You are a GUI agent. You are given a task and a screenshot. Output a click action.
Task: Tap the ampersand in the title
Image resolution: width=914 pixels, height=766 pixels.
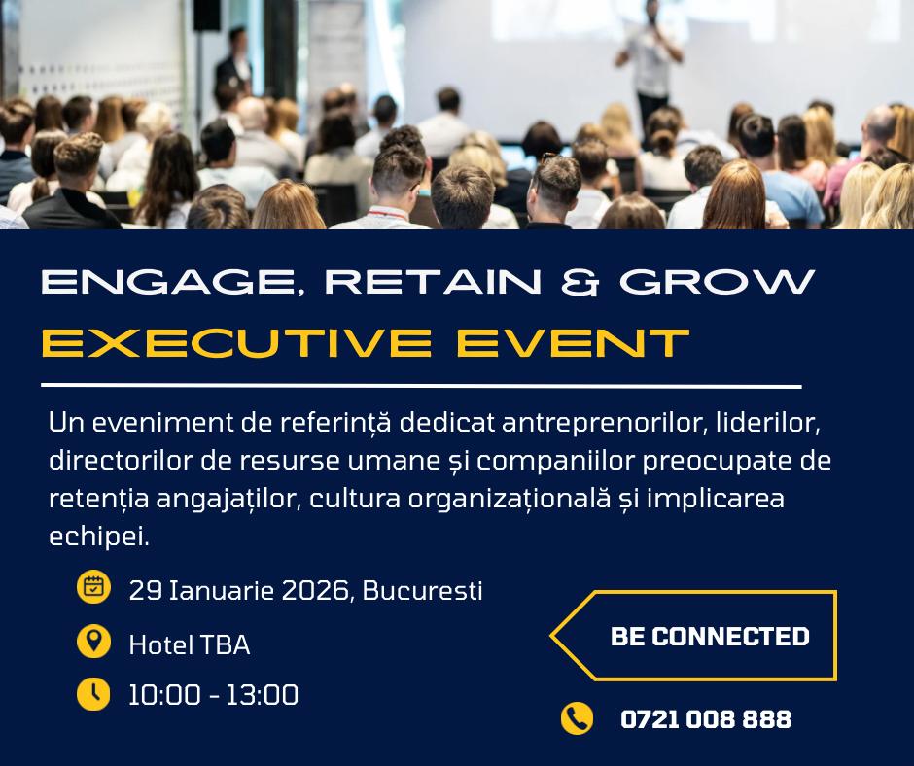pos(580,282)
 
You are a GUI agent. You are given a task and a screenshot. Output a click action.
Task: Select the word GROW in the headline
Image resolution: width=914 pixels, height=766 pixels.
pos(717,282)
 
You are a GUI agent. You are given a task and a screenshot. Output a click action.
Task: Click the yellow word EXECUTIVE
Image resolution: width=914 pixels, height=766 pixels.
pos(236,342)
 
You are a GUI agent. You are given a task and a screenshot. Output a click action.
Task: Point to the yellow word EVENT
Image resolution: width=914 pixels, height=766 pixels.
pos(573,342)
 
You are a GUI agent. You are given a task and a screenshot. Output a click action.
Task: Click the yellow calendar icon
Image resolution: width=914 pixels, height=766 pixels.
pos(94,586)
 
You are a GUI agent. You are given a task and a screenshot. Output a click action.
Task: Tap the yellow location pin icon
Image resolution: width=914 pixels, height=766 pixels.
pos(94,642)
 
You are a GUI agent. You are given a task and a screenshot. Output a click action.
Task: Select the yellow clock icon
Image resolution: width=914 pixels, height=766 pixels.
pos(93,694)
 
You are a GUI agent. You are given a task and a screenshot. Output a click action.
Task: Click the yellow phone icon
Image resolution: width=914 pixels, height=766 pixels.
pos(577,718)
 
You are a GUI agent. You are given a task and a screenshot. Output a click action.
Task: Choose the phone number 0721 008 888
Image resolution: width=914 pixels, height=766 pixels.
pos(706,719)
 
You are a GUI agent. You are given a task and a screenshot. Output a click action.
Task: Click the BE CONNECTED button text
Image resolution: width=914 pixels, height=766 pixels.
pos(710,637)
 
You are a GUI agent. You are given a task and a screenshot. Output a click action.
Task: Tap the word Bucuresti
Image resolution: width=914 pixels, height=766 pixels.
pos(423,590)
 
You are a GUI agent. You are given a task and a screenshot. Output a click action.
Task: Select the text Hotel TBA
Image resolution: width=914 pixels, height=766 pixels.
pos(190,644)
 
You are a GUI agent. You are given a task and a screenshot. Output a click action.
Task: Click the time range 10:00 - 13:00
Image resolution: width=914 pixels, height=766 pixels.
pos(213,695)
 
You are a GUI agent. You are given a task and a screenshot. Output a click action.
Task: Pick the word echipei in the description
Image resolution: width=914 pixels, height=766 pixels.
pos(99,537)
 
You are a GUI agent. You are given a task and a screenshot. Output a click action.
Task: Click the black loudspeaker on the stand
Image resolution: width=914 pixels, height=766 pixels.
pos(207,16)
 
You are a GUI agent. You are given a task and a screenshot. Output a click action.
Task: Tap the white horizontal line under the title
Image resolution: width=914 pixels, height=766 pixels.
pos(421,386)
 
